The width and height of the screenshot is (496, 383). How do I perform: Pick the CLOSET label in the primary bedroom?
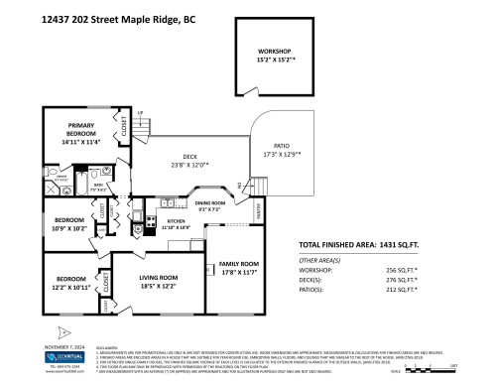coord(124,129)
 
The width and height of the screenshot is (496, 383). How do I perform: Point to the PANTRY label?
coord(260,210)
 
